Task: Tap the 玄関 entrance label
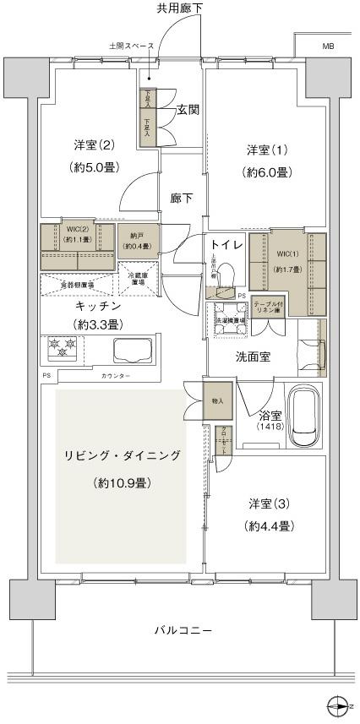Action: click(x=188, y=110)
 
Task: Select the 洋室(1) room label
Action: click(x=267, y=150)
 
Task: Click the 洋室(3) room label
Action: click(x=270, y=504)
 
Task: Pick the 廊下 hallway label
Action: click(x=181, y=199)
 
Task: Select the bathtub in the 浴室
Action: click(x=304, y=419)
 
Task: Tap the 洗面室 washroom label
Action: click(x=253, y=357)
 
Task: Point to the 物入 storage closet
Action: click(x=217, y=401)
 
